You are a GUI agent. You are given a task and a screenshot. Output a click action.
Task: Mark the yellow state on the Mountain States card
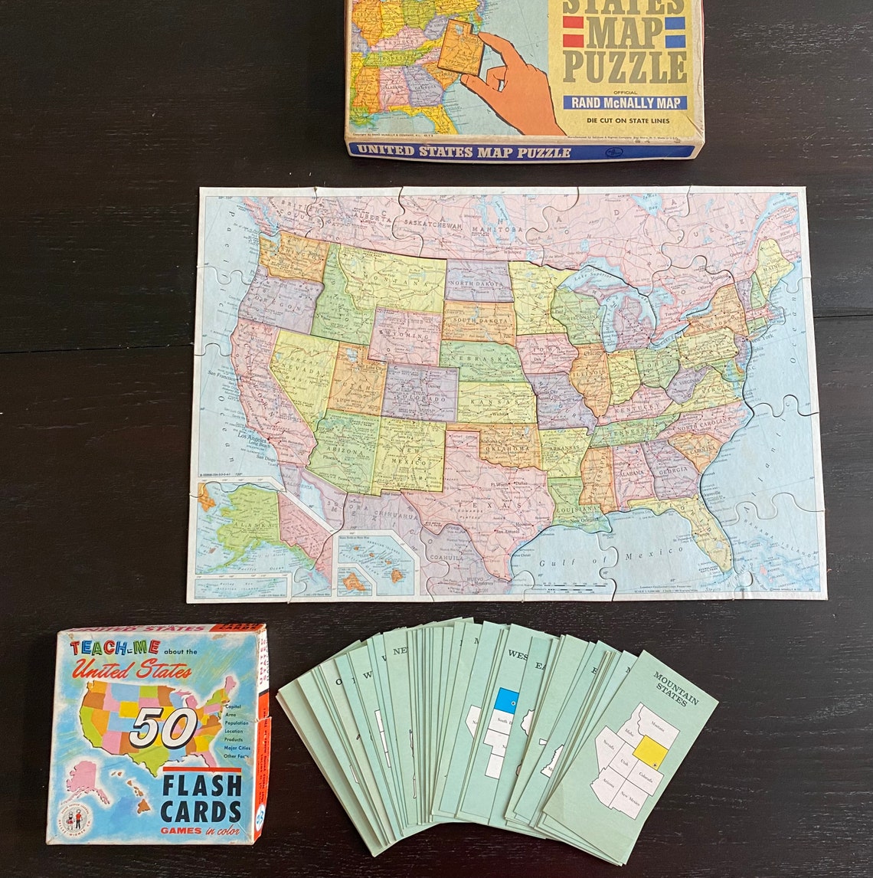[x=650, y=749]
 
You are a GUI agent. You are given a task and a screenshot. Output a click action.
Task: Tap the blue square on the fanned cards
[x=507, y=699]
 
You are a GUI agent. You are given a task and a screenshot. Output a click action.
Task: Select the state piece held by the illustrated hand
[x=461, y=48]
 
